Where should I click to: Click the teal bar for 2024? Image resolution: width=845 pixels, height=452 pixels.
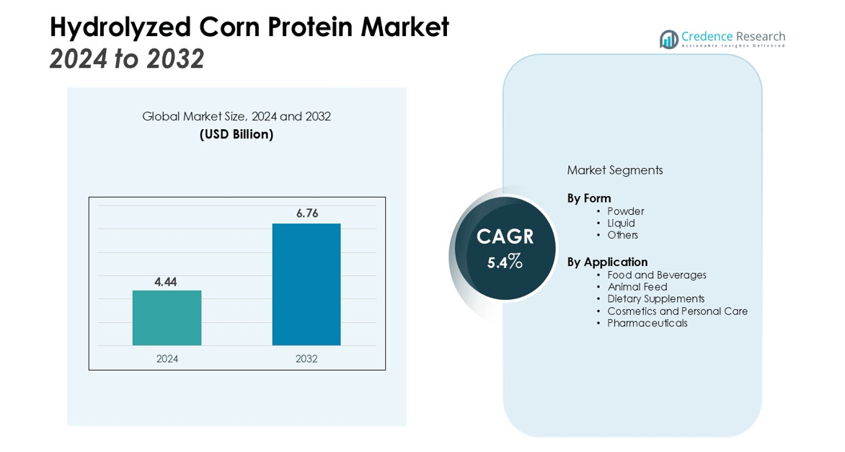167,318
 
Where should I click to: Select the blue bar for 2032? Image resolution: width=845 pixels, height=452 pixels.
306,285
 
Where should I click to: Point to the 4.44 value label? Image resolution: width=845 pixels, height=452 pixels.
165,282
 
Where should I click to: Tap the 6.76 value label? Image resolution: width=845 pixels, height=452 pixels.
307,213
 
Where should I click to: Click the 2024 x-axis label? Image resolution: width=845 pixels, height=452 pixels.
167,359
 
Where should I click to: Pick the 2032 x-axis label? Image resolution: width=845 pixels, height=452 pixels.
306,359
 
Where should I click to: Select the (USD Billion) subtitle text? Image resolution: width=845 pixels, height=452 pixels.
236,134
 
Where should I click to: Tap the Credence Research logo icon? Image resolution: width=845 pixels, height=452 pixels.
669,40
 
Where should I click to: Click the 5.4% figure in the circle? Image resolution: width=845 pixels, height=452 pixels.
505,262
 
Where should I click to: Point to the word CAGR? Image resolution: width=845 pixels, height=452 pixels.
505,236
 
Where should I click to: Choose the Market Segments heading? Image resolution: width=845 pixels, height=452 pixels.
615,170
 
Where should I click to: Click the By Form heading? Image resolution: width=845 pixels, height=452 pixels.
589,198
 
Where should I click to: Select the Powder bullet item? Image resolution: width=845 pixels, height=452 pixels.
626,211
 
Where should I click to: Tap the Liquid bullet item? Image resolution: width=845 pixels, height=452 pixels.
621,223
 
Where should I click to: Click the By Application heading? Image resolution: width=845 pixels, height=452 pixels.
607,262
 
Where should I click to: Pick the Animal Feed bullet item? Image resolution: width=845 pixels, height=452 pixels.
637,287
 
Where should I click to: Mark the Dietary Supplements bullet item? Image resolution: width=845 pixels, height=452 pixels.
656,299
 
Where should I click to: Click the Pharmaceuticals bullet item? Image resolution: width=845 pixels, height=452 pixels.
647,323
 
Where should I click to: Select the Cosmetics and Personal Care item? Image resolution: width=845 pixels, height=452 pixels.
678,311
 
